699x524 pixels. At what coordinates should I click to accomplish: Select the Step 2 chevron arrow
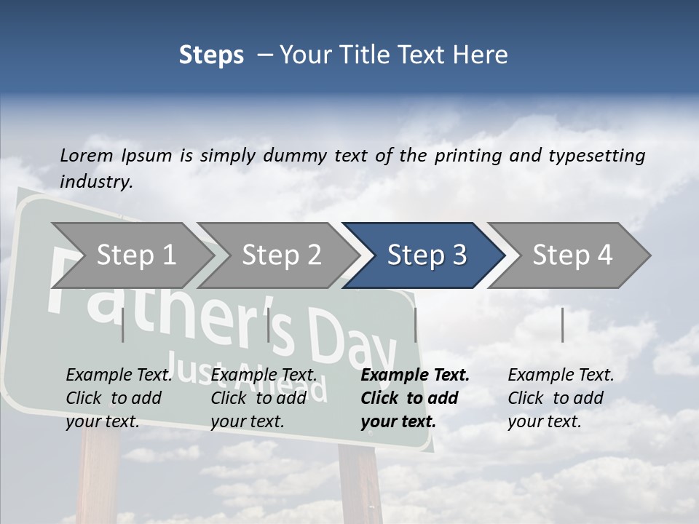coord(281,255)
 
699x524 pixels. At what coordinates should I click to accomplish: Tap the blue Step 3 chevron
coord(426,255)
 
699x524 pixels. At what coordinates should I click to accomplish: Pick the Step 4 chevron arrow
coord(572,255)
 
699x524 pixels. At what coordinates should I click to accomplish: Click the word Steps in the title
coord(211,55)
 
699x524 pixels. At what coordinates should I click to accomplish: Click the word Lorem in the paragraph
coord(87,155)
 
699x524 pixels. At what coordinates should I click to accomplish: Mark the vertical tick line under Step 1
coord(123,325)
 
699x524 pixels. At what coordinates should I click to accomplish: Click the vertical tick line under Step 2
coord(269,325)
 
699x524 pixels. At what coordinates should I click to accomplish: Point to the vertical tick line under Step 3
coord(416,325)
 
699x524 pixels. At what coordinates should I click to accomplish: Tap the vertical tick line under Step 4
coord(562,325)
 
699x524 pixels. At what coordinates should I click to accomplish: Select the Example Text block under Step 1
coord(119,398)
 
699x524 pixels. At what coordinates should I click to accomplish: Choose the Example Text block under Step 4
coord(561,398)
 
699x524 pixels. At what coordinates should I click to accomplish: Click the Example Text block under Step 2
coord(264,398)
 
